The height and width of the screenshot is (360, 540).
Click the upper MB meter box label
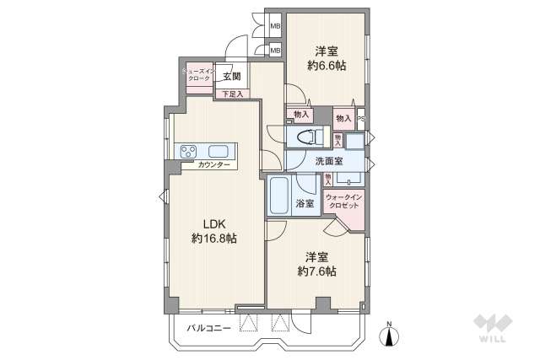click(275, 28)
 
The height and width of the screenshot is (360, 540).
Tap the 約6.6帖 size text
click(327, 66)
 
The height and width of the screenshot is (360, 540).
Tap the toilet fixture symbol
click(307, 137)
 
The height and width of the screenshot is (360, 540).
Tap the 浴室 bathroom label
click(305, 205)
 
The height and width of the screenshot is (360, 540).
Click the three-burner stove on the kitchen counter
click(187, 151)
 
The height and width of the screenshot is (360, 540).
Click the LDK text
click(213, 223)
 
